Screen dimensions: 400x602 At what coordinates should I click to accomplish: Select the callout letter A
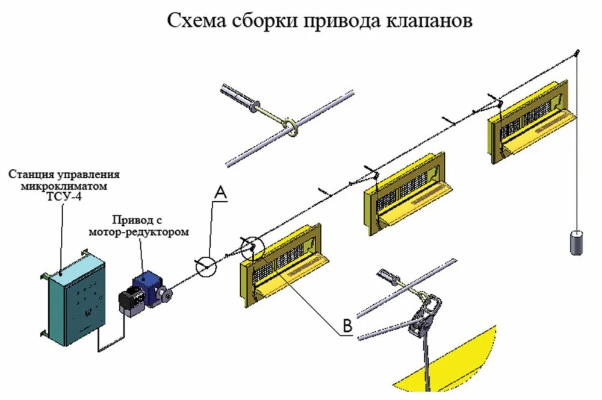pos(221,193)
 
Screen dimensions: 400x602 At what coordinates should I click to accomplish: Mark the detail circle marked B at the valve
pos(252,248)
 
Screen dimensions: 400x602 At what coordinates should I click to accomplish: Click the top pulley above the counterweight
pos(576,53)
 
